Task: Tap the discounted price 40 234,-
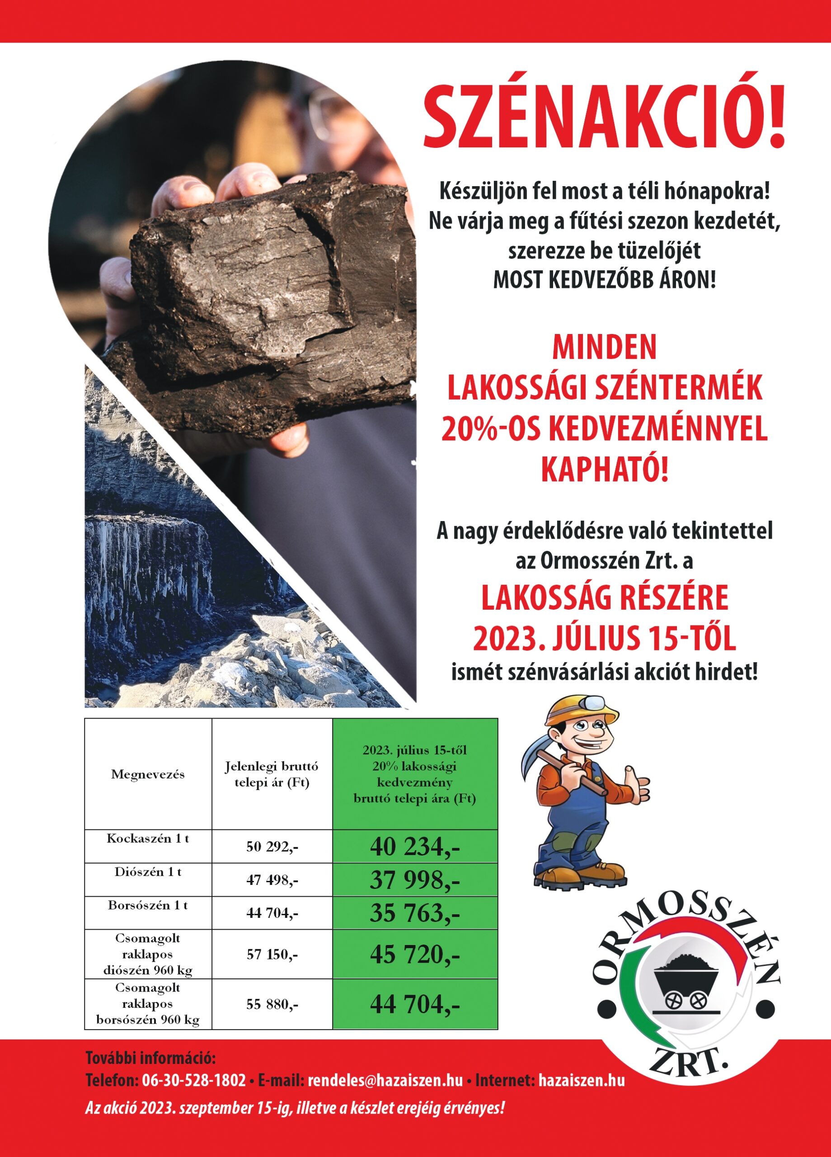415,847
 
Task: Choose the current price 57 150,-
272,955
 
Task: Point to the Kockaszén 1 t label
148,838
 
